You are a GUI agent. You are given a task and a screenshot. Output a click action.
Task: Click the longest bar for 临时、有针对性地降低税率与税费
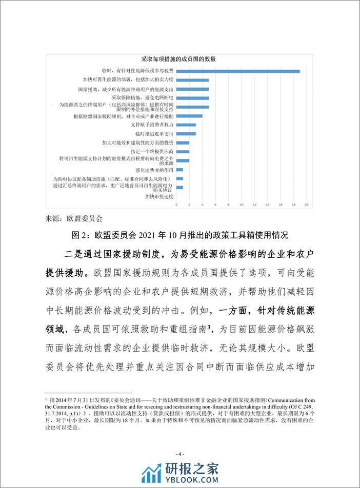238,71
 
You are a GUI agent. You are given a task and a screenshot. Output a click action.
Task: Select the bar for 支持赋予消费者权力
186,125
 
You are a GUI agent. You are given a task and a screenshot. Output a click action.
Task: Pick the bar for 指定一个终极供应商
183,152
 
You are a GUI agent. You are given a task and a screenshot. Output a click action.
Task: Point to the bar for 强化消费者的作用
179,170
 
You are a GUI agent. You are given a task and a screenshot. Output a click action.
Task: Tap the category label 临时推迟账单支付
156,134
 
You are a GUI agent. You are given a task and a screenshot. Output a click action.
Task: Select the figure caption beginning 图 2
179,235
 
